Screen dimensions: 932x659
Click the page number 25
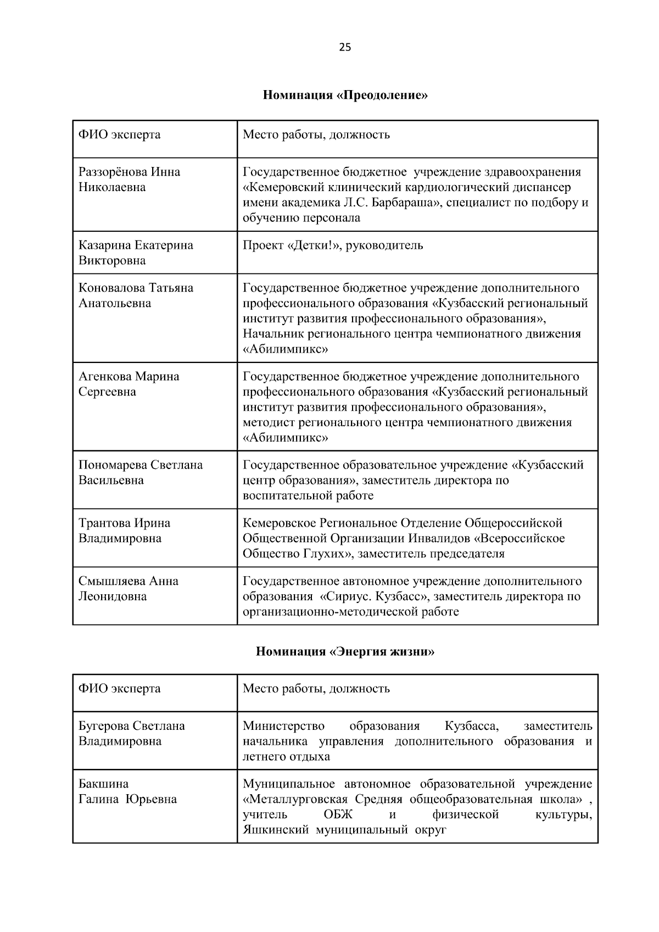pos(345,47)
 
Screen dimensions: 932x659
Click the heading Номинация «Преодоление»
pos(345,96)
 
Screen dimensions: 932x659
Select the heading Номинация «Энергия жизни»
pos(345,652)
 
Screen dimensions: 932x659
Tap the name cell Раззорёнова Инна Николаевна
pos(129,180)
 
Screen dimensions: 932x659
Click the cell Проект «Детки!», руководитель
pos(333,245)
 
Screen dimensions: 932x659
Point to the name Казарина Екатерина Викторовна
pos(136,253)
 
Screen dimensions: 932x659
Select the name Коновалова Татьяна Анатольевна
pos(136,295)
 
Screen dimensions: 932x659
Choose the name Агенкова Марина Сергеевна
pos(129,384)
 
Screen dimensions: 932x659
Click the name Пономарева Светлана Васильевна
pos(140,472)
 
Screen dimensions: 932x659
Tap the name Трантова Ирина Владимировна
pos(124,531)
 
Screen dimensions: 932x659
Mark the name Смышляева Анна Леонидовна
pos(128,589)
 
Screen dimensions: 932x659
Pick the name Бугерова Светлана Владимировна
pos(131,733)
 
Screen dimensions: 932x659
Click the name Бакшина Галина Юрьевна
pos(127,791)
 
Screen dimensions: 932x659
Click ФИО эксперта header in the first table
pos(119,135)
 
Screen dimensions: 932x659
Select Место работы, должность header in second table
pos(316,689)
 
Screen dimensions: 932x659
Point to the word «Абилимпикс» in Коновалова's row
pos(285,349)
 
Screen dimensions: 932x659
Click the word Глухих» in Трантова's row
pos(327,554)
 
